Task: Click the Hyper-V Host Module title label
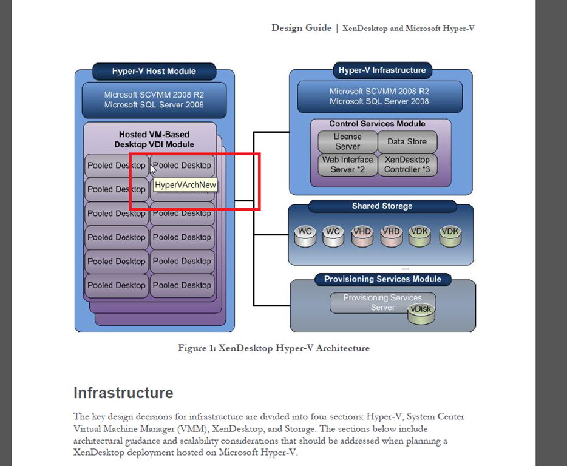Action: coord(154,71)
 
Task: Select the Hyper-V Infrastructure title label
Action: coord(382,70)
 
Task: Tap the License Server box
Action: coord(347,142)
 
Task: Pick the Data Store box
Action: coord(407,141)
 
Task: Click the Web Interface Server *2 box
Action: coord(347,164)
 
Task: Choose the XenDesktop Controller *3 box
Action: coord(407,164)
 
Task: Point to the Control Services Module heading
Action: coord(377,124)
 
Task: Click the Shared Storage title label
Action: coord(382,206)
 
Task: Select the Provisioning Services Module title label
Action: coord(382,279)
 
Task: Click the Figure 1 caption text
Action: coord(273,348)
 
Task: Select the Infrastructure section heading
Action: coord(123,393)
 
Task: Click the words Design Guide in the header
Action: coord(301,28)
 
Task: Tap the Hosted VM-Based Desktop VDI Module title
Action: coord(154,139)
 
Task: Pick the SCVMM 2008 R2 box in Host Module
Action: coord(154,100)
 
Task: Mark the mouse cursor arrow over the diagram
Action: coord(152,169)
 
